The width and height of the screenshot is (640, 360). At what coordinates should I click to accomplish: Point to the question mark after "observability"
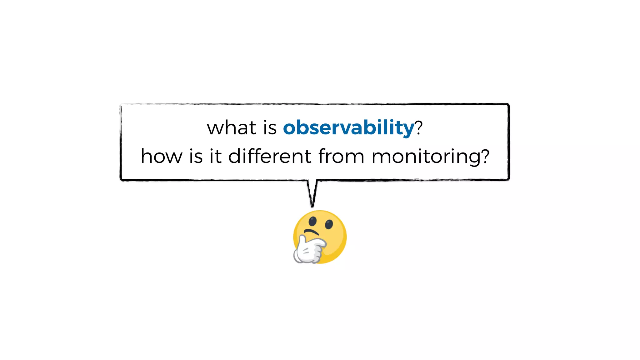click(x=419, y=127)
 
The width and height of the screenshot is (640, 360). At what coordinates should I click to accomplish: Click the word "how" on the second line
click(x=161, y=156)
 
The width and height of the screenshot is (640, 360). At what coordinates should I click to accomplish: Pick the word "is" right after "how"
click(x=196, y=156)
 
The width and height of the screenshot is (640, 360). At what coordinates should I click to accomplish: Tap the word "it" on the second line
click(x=216, y=156)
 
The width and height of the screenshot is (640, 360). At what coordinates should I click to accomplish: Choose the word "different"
click(x=270, y=156)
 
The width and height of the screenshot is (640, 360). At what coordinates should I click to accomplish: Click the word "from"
click(x=341, y=156)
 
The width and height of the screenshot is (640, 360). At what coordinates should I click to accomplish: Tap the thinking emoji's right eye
click(x=329, y=224)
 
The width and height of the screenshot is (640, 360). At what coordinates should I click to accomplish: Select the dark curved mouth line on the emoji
click(x=311, y=232)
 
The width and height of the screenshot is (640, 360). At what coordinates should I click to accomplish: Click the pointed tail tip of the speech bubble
click(x=312, y=206)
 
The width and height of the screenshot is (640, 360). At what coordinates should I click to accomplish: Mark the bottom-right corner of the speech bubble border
click(x=508, y=179)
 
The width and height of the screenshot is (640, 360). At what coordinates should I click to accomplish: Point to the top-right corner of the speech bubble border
click(x=508, y=104)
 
